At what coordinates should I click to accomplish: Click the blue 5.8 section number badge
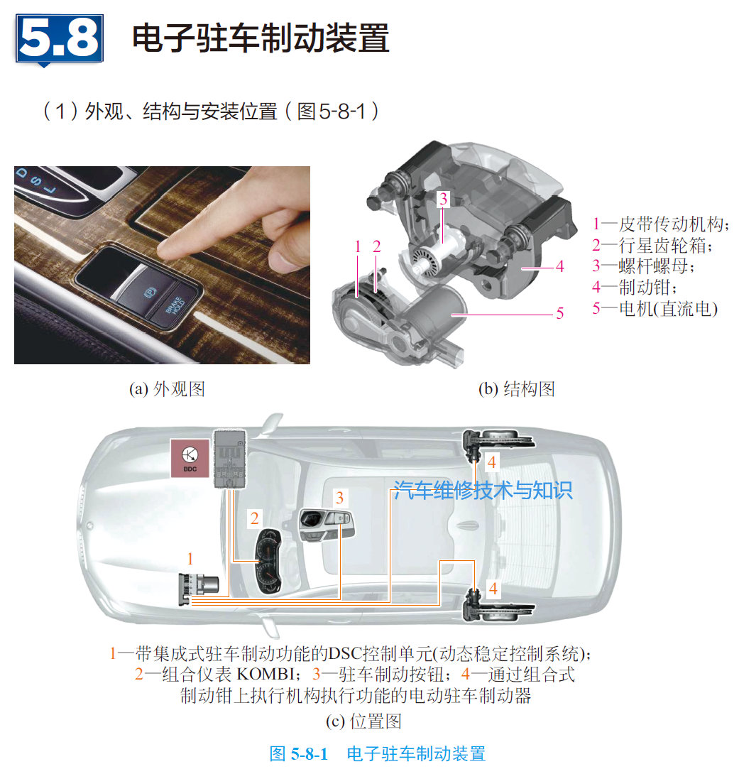(x=60, y=39)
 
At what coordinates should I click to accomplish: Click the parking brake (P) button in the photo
(x=147, y=293)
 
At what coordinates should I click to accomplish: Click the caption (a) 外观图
(x=167, y=389)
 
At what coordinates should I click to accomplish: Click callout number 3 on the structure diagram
(x=443, y=200)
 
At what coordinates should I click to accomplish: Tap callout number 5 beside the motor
(x=559, y=312)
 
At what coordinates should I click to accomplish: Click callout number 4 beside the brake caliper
(x=559, y=267)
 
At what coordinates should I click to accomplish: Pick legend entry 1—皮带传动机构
(x=660, y=225)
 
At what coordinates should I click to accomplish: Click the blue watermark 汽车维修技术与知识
(x=483, y=490)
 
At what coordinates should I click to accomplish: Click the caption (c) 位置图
(x=363, y=721)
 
